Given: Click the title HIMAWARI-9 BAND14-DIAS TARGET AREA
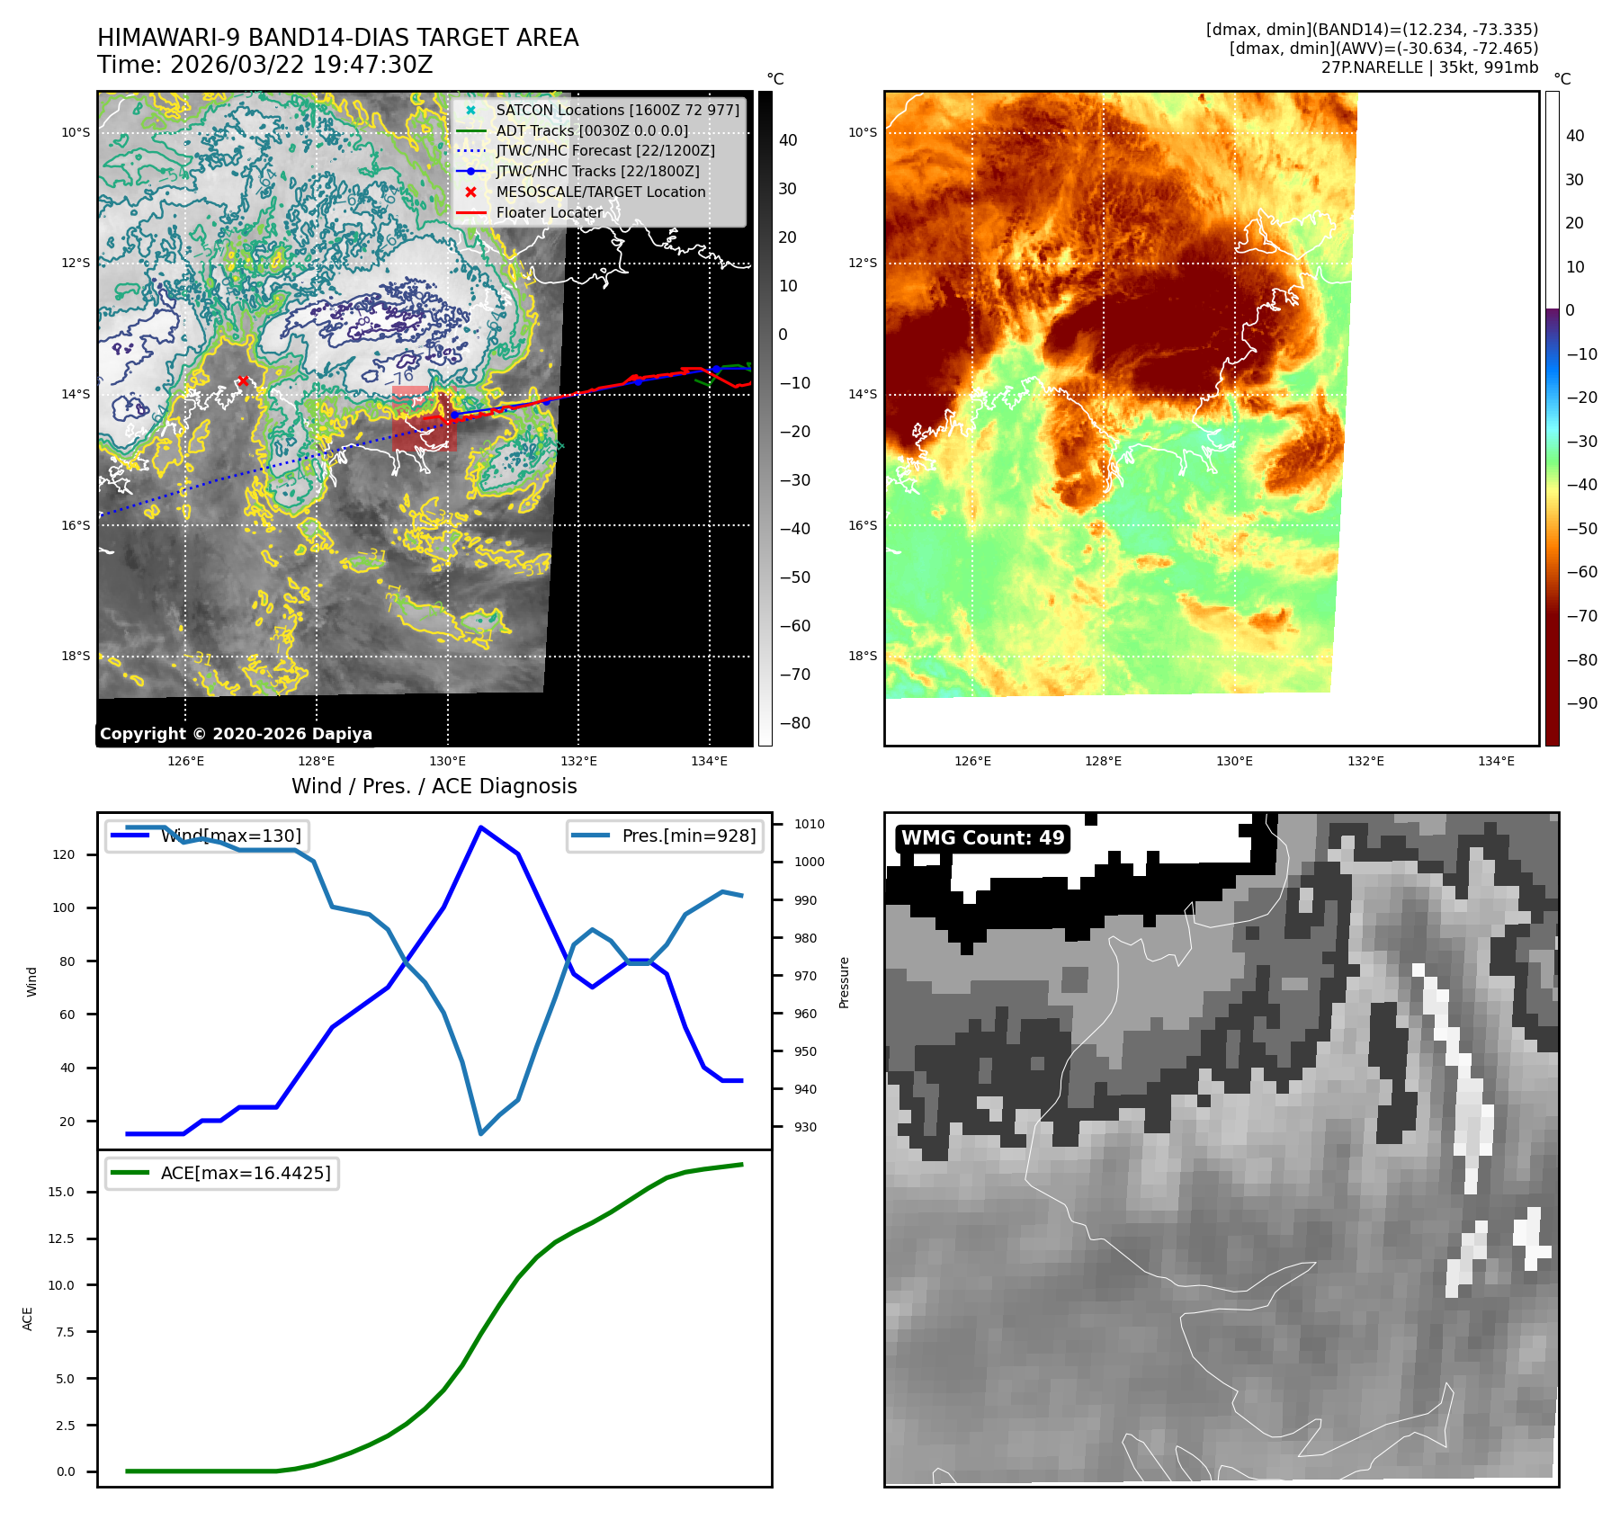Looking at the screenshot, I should pos(337,38).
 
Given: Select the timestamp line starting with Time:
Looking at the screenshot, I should pos(265,66).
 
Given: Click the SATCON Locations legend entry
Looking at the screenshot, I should pos(617,110).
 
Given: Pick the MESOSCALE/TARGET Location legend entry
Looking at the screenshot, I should pos(600,192).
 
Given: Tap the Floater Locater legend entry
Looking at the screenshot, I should pos(549,212).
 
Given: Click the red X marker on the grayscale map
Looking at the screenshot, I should pos(243,381).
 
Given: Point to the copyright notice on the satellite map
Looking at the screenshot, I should pos(236,734).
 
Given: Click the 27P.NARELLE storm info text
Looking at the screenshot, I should pos(1429,67).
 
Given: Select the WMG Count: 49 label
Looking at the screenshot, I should pos(982,838).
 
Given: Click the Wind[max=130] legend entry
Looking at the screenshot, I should pos(230,836).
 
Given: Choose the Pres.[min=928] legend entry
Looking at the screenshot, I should pos(688,836).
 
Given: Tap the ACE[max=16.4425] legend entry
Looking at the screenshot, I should pos(245,1173).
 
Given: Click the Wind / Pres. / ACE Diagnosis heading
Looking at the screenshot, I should pos(434,786).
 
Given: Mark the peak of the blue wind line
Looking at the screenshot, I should pos(481,827).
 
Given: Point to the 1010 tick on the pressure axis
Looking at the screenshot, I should pos(809,824).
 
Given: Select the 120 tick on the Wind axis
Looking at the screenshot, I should pos(64,854).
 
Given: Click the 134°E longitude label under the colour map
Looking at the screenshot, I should pos(1496,762).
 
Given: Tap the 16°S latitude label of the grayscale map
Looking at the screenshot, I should pos(76,525).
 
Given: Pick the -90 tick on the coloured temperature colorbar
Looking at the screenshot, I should pos(1581,703).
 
